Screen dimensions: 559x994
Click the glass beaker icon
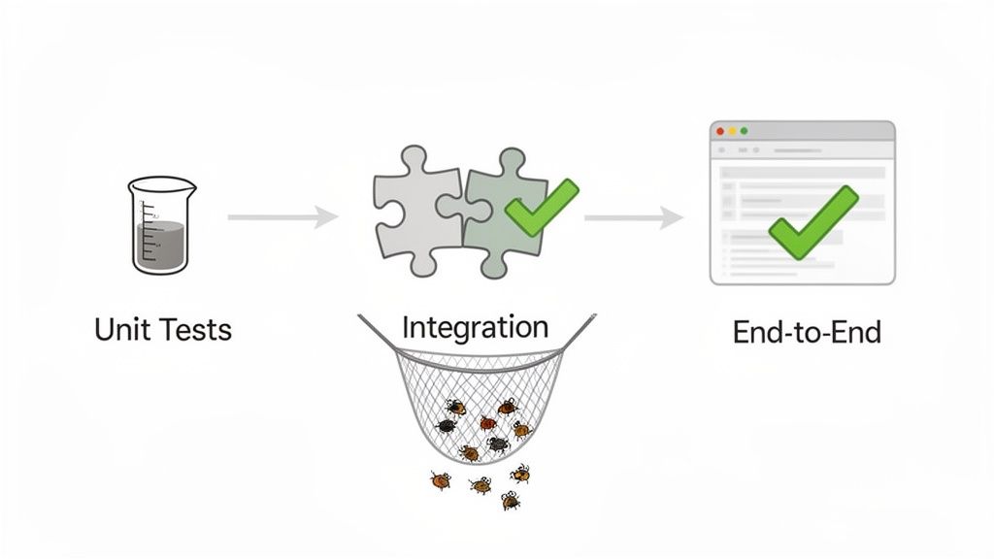tap(161, 224)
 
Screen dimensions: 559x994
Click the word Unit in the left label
tap(122, 329)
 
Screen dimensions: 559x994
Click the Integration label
tap(475, 327)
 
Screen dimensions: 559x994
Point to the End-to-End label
tap(807, 332)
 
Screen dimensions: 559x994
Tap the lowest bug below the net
tap(511, 501)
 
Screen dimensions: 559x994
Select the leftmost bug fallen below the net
tap(441, 479)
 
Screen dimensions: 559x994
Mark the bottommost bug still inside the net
tap(471, 452)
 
